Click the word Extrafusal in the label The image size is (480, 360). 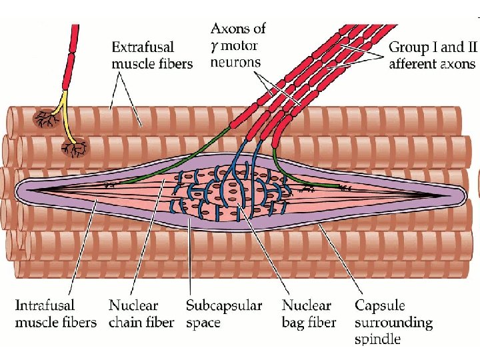143,47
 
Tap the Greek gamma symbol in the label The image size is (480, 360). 215,46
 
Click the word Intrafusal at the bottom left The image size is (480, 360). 45,305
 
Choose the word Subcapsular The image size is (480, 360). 224,306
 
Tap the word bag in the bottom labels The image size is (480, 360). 294,323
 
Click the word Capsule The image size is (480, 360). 379,305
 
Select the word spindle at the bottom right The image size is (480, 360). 377,340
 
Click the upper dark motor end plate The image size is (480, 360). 46,119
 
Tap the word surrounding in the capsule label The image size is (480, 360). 393,323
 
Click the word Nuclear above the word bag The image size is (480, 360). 307,306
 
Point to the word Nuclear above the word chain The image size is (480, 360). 134,306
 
